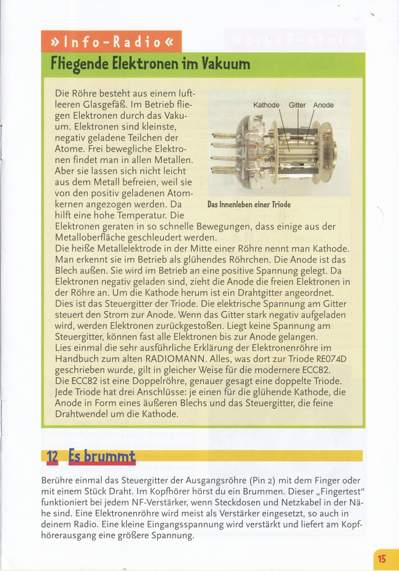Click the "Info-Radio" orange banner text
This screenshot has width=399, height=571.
tap(111, 42)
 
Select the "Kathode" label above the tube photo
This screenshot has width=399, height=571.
tap(266, 105)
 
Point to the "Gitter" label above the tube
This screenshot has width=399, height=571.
tap(297, 105)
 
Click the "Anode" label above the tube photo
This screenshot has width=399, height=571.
tap(323, 105)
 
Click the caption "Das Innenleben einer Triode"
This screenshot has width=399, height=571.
tap(249, 205)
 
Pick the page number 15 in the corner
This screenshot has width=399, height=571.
tap(382, 559)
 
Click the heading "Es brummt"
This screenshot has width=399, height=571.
tap(102, 456)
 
